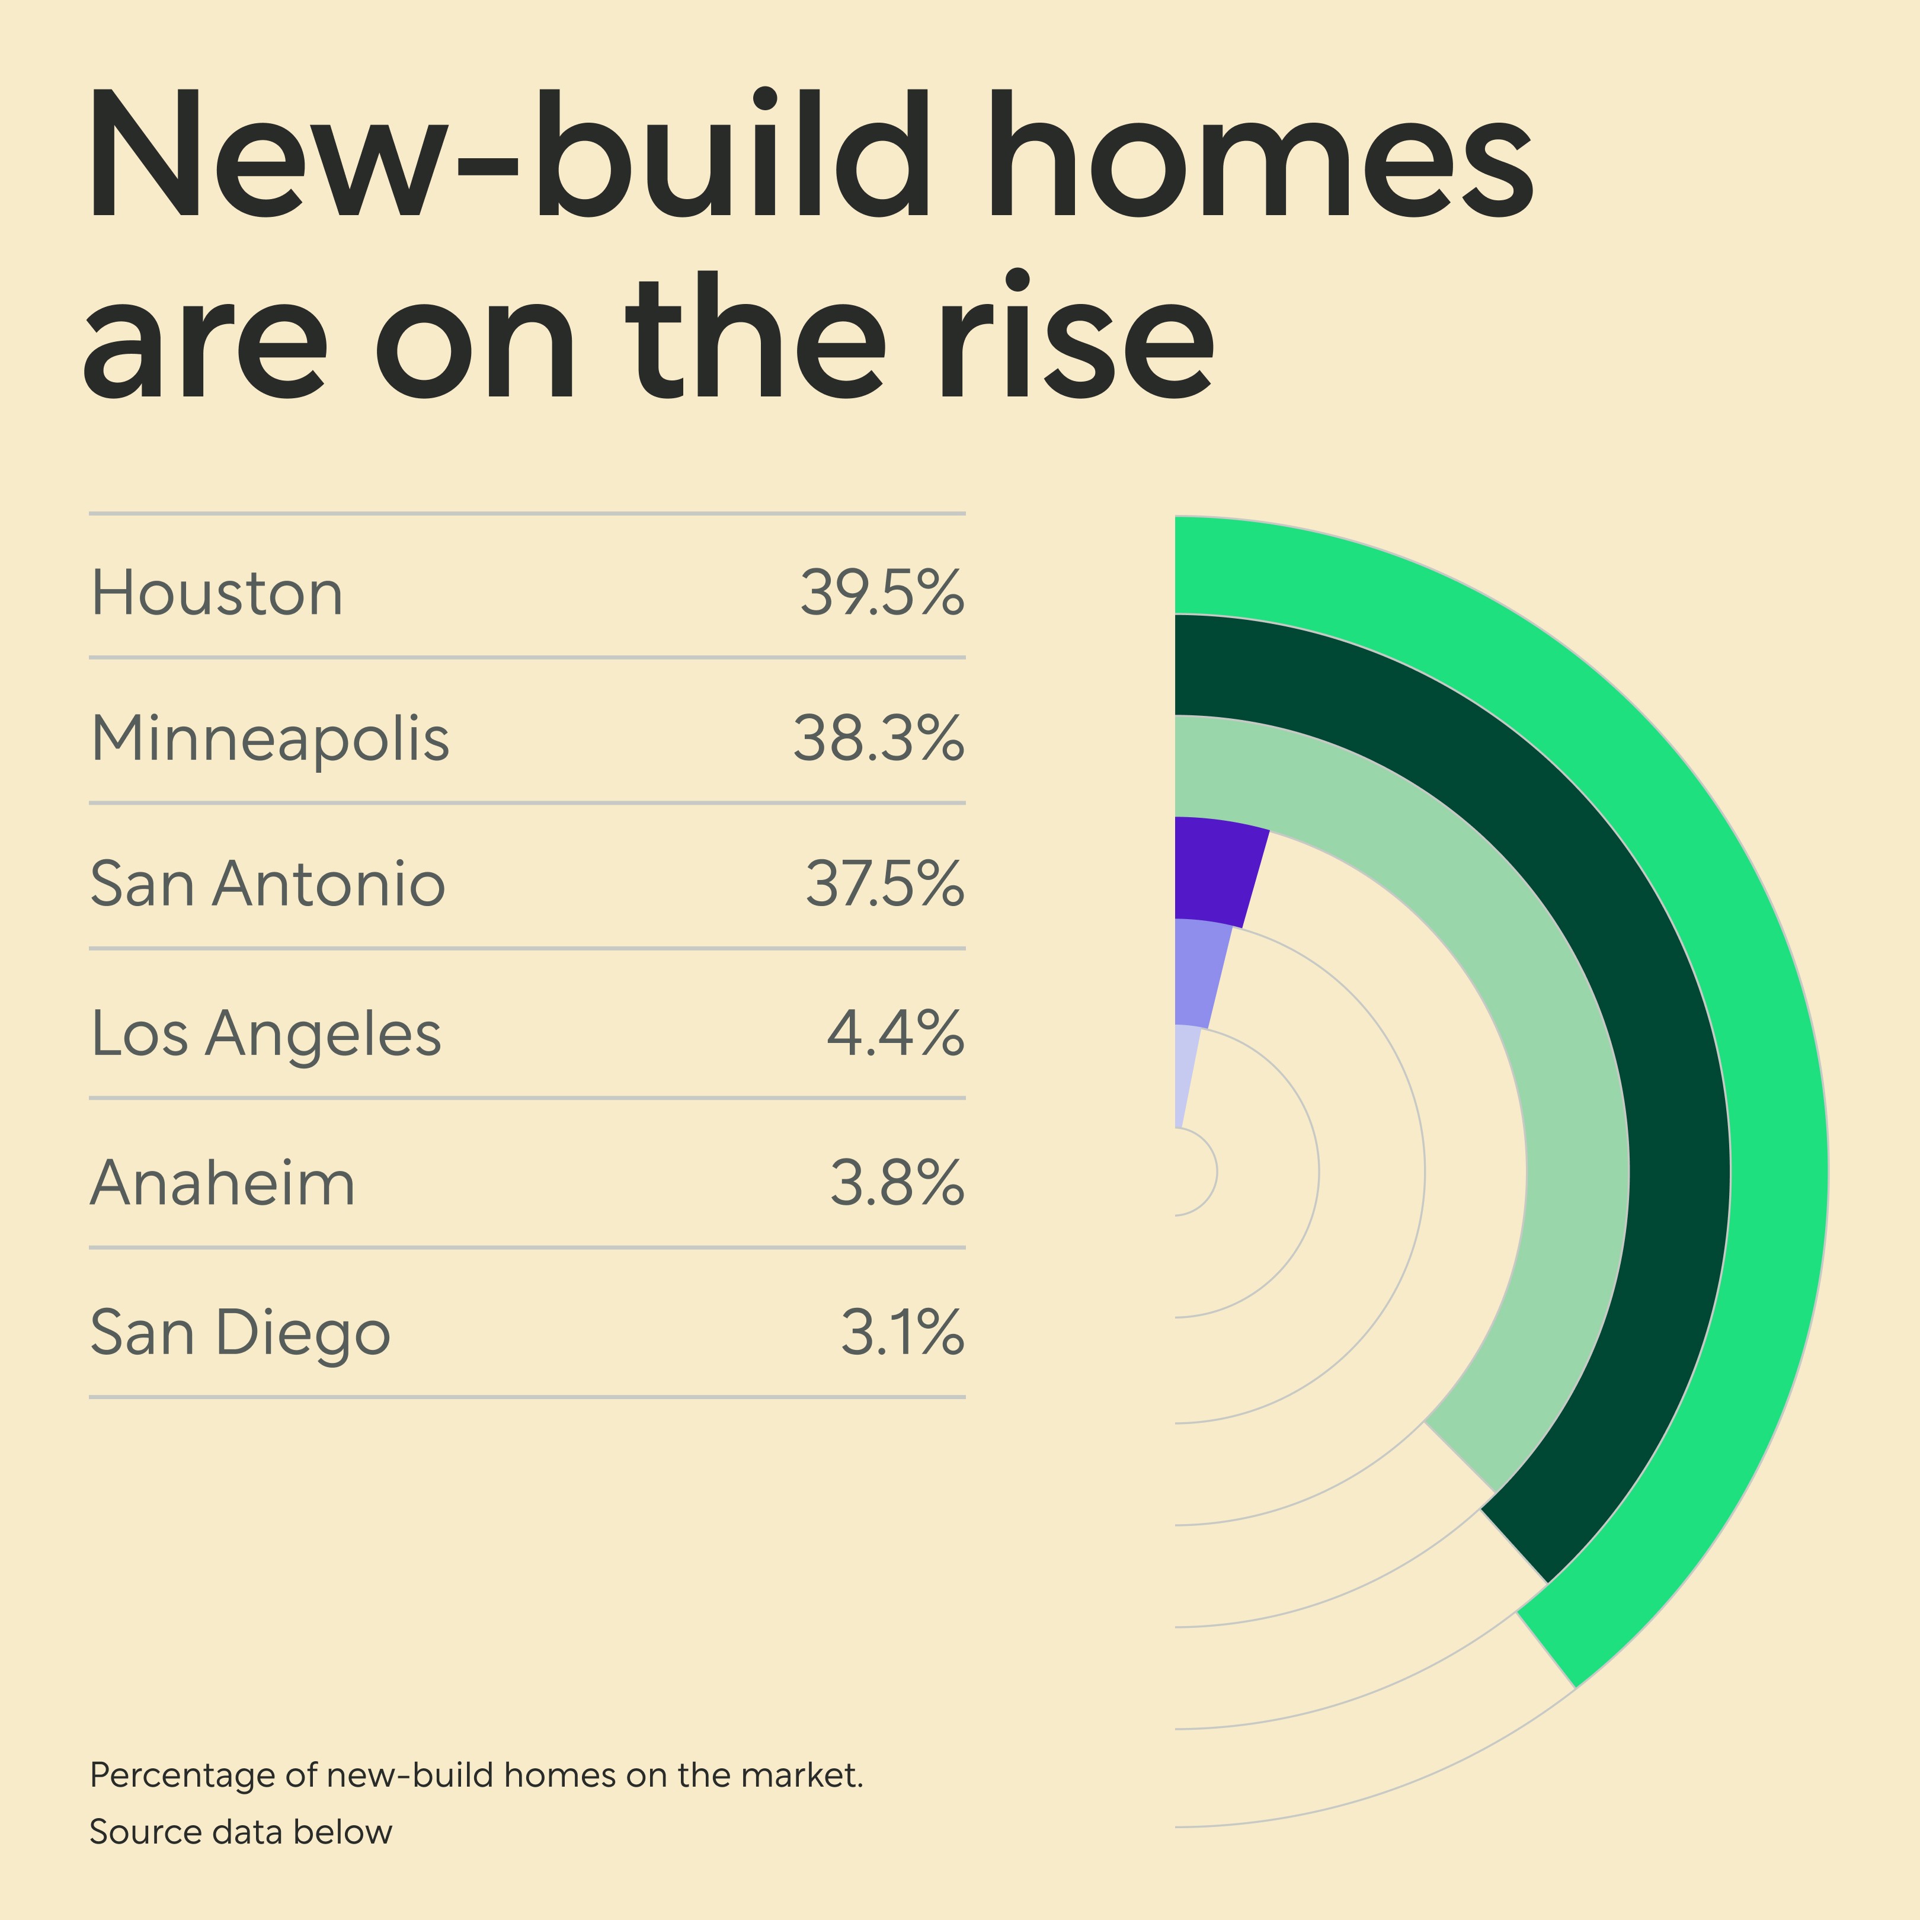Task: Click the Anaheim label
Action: pos(223,1183)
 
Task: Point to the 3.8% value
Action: pos(897,1183)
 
